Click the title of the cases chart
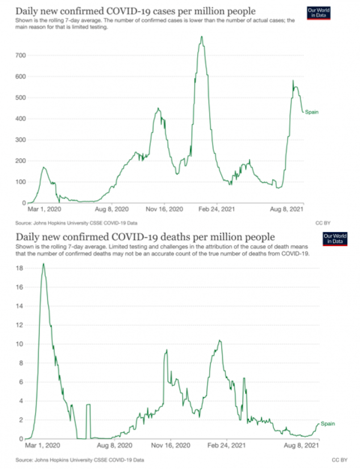coord(136,11)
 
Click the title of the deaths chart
coord(146,236)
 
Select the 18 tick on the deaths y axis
coord(21,268)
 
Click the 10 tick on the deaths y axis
coord(21,344)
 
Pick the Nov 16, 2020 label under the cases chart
coord(164,209)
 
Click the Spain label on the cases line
coord(311,112)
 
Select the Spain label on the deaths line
coord(328,424)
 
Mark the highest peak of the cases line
coord(202,37)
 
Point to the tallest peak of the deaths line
coord(43,264)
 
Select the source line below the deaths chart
coord(79,460)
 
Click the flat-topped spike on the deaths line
coord(88,405)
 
